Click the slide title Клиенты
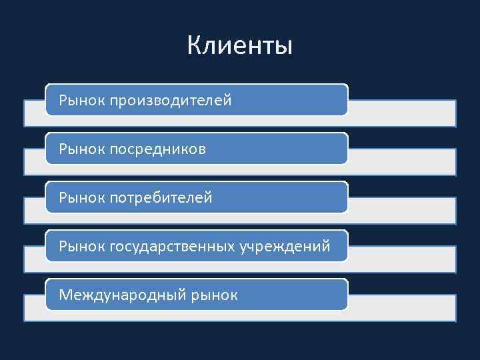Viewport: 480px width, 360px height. click(239, 46)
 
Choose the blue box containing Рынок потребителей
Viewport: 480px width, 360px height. click(280, 197)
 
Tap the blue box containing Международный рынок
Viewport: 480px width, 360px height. click(293, 295)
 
